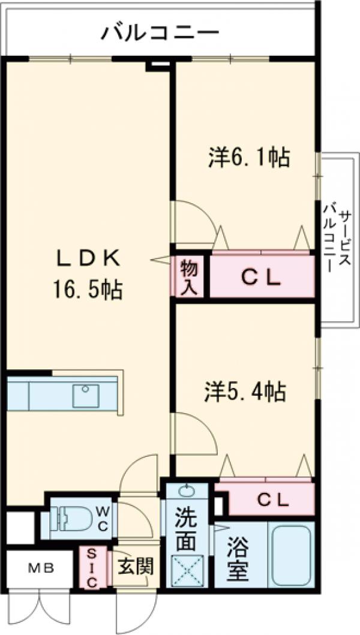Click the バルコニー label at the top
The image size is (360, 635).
159,31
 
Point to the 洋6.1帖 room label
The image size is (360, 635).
250,158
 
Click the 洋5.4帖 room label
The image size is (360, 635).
247,392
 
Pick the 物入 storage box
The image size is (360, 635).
189,276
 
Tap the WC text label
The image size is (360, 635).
102,519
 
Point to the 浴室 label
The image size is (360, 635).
238,558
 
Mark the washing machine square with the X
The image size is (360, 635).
187,570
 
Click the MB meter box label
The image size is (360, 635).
42,568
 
